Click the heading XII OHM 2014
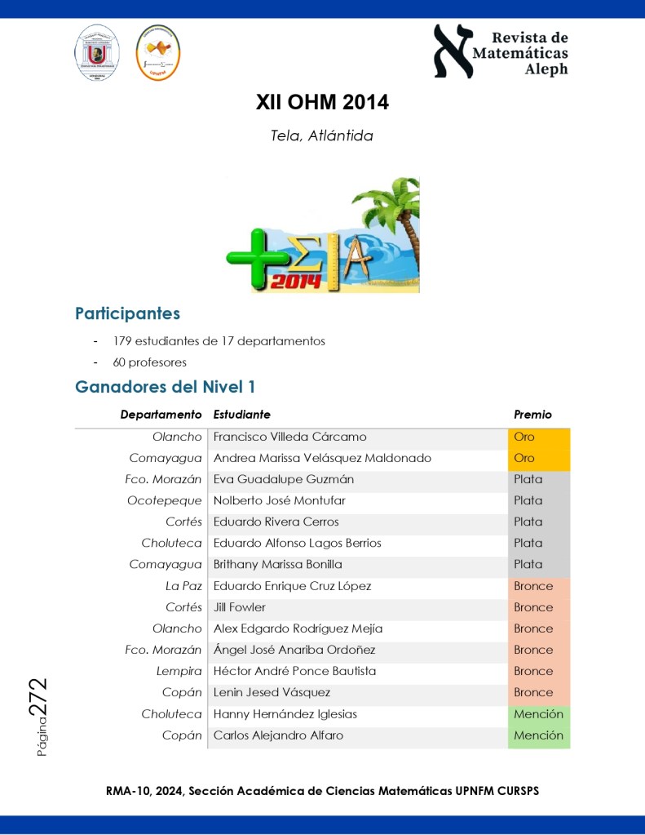[x=322, y=103]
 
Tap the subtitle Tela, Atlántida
[x=322, y=136]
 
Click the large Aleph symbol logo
[x=453, y=50]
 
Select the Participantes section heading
[x=127, y=313]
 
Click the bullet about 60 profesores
[x=150, y=362]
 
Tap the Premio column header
[x=532, y=415]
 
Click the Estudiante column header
[x=242, y=415]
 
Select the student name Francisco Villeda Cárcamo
[x=289, y=437]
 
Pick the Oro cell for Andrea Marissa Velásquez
[x=524, y=459]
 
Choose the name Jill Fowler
[x=240, y=607]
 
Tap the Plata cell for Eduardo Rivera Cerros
[x=528, y=522]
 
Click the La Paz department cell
[x=183, y=586]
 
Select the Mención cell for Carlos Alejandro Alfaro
[x=538, y=735]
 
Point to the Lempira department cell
[x=179, y=671]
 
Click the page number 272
[x=38, y=699]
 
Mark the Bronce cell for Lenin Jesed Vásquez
[x=533, y=692]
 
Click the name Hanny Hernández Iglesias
[x=285, y=714]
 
